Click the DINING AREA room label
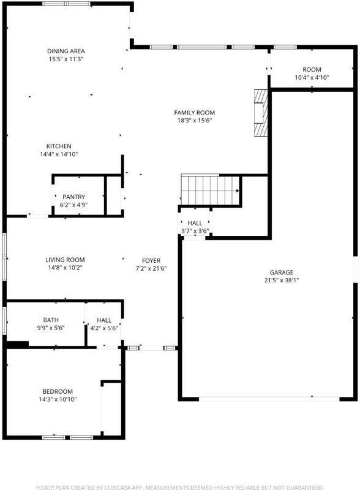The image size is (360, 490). pyautogui.click(x=66, y=51)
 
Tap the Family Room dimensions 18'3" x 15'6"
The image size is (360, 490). pyautogui.click(x=194, y=121)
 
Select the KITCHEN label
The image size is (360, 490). pyautogui.click(x=59, y=146)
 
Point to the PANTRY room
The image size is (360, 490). pyautogui.click(x=79, y=196)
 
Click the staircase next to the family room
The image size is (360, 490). pyautogui.click(x=210, y=190)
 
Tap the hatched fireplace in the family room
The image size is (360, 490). pyautogui.click(x=261, y=113)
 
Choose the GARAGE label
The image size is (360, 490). pyautogui.click(x=282, y=273)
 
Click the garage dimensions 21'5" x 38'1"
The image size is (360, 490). pyautogui.click(x=282, y=281)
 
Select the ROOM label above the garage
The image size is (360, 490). pyautogui.click(x=312, y=70)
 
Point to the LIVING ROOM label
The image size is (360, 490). pyautogui.click(x=65, y=260)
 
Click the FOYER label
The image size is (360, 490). pyautogui.click(x=151, y=261)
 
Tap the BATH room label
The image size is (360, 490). pyautogui.click(x=51, y=320)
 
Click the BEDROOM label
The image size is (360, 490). pyautogui.click(x=58, y=391)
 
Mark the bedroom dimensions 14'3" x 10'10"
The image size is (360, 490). pyautogui.click(x=58, y=399)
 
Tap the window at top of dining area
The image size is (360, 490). pyautogui.click(x=66, y=4)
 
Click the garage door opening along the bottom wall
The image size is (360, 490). pyautogui.click(x=269, y=399)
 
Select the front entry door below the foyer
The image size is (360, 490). pyautogui.click(x=151, y=348)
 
